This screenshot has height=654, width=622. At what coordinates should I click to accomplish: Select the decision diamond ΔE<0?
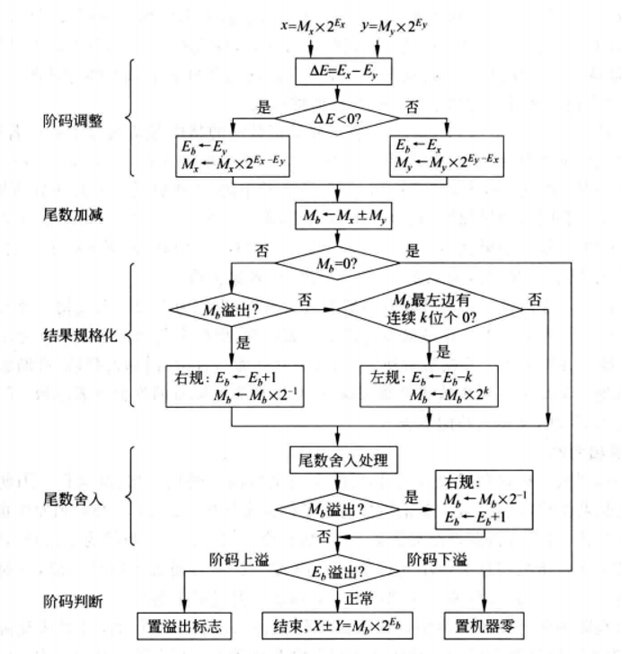pyautogui.click(x=336, y=118)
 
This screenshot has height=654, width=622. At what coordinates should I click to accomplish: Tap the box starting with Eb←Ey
pyautogui.click(x=230, y=155)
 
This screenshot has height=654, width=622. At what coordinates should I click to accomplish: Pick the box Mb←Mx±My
pyautogui.click(x=336, y=215)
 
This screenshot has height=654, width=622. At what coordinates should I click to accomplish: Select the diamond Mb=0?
pyautogui.click(x=336, y=263)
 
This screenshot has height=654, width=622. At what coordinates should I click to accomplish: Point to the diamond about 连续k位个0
pyautogui.click(x=441, y=310)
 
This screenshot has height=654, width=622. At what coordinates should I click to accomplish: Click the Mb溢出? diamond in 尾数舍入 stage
pyautogui.click(x=337, y=509)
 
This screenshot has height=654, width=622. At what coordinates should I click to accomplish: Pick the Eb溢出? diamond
pyautogui.click(x=337, y=572)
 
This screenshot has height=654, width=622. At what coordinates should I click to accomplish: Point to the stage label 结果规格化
pyautogui.click(x=78, y=338)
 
